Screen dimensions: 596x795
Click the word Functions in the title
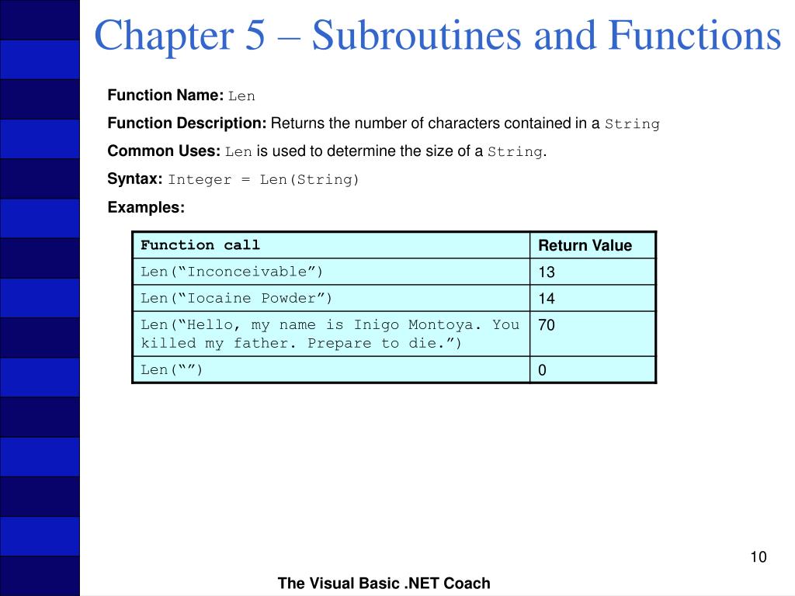[x=694, y=36]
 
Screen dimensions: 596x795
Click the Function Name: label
[x=165, y=95]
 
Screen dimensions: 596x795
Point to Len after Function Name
[x=241, y=96]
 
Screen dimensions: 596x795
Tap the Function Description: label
[x=187, y=123]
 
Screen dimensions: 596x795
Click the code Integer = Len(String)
[x=264, y=180]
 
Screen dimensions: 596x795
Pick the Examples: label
[x=146, y=207]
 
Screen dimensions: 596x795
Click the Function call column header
[x=200, y=245]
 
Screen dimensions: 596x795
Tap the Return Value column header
[x=585, y=246]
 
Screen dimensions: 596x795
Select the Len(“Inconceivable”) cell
[x=231, y=272]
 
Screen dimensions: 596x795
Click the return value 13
[x=547, y=272]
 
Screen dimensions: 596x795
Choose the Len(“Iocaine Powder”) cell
[x=236, y=298]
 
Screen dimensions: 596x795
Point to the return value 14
[x=547, y=299]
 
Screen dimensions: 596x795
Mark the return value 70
[x=547, y=326]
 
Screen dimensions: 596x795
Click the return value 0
[x=543, y=370]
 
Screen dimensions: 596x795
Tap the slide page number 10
[x=759, y=557]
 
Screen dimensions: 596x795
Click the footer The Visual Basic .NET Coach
[x=384, y=584]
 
